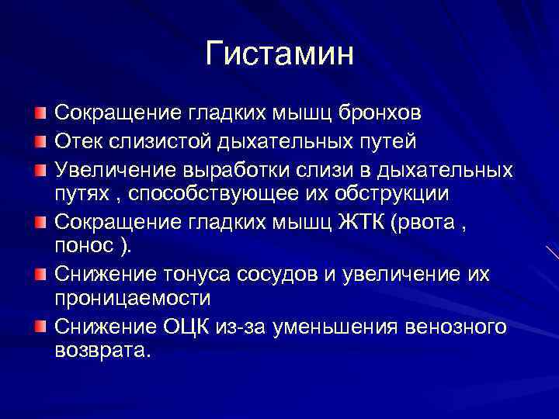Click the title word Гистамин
point(279,54)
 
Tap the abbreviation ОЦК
point(190,327)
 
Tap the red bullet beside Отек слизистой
point(40,143)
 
